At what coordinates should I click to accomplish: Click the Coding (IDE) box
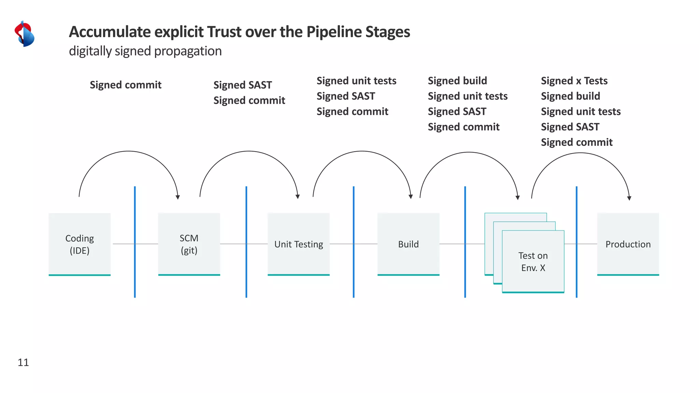[80, 244]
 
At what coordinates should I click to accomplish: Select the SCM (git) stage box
[189, 244]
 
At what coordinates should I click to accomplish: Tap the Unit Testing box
[299, 244]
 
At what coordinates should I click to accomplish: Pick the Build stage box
[408, 244]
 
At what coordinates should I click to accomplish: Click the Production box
[628, 244]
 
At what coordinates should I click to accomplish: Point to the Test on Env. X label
[533, 262]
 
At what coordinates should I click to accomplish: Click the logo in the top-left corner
[24, 34]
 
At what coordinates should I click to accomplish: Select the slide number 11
[23, 362]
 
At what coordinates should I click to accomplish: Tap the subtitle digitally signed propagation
[145, 51]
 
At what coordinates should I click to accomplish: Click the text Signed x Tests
[574, 81]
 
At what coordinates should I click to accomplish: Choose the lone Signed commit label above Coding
[125, 85]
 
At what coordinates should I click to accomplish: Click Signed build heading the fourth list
[457, 81]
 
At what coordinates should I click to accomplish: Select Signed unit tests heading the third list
[356, 81]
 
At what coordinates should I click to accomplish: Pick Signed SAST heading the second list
[242, 85]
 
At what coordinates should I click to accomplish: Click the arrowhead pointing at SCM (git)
[177, 197]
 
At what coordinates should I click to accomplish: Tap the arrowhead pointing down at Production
[629, 198]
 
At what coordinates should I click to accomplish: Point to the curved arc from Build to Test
[469, 152]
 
